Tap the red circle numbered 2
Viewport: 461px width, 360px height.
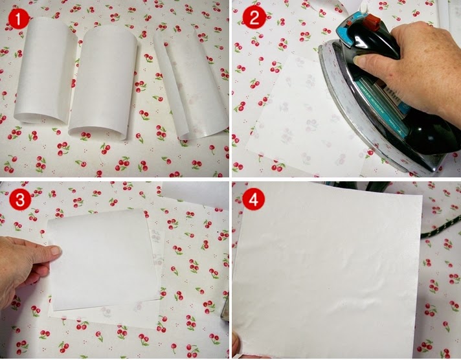[254, 18]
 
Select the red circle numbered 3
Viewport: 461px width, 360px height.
[20, 199]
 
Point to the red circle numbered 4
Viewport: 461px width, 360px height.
[253, 199]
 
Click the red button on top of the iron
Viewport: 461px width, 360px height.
[372, 20]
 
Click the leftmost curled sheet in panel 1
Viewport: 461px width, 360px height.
[45, 70]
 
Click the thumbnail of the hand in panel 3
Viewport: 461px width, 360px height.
[55, 251]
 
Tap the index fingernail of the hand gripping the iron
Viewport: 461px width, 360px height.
[359, 61]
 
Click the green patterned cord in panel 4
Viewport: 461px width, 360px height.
[441, 227]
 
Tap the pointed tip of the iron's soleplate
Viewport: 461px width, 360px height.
[321, 47]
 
